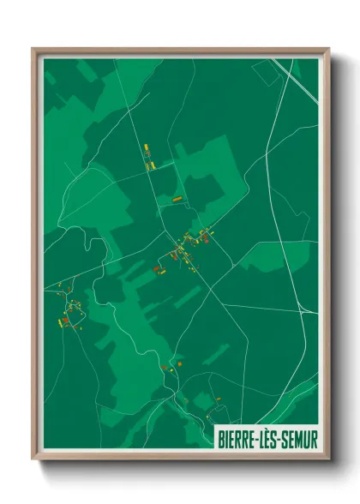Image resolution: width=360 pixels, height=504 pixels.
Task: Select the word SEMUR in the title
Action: pyautogui.click(x=301, y=439)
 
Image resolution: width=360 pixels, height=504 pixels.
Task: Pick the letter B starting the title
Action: pyautogui.click(x=219, y=439)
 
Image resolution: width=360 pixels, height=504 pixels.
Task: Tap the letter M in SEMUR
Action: pyautogui.click(x=301, y=439)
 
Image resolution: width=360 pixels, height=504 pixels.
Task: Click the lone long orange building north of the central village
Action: pyautogui.click(x=177, y=199)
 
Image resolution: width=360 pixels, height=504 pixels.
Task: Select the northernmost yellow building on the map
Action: pyautogui.click(x=146, y=147)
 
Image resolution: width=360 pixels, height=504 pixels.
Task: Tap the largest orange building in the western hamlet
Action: pyautogui.click(x=65, y=320)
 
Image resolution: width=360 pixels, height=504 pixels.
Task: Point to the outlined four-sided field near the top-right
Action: pyautogui.click(x=266, y=73)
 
